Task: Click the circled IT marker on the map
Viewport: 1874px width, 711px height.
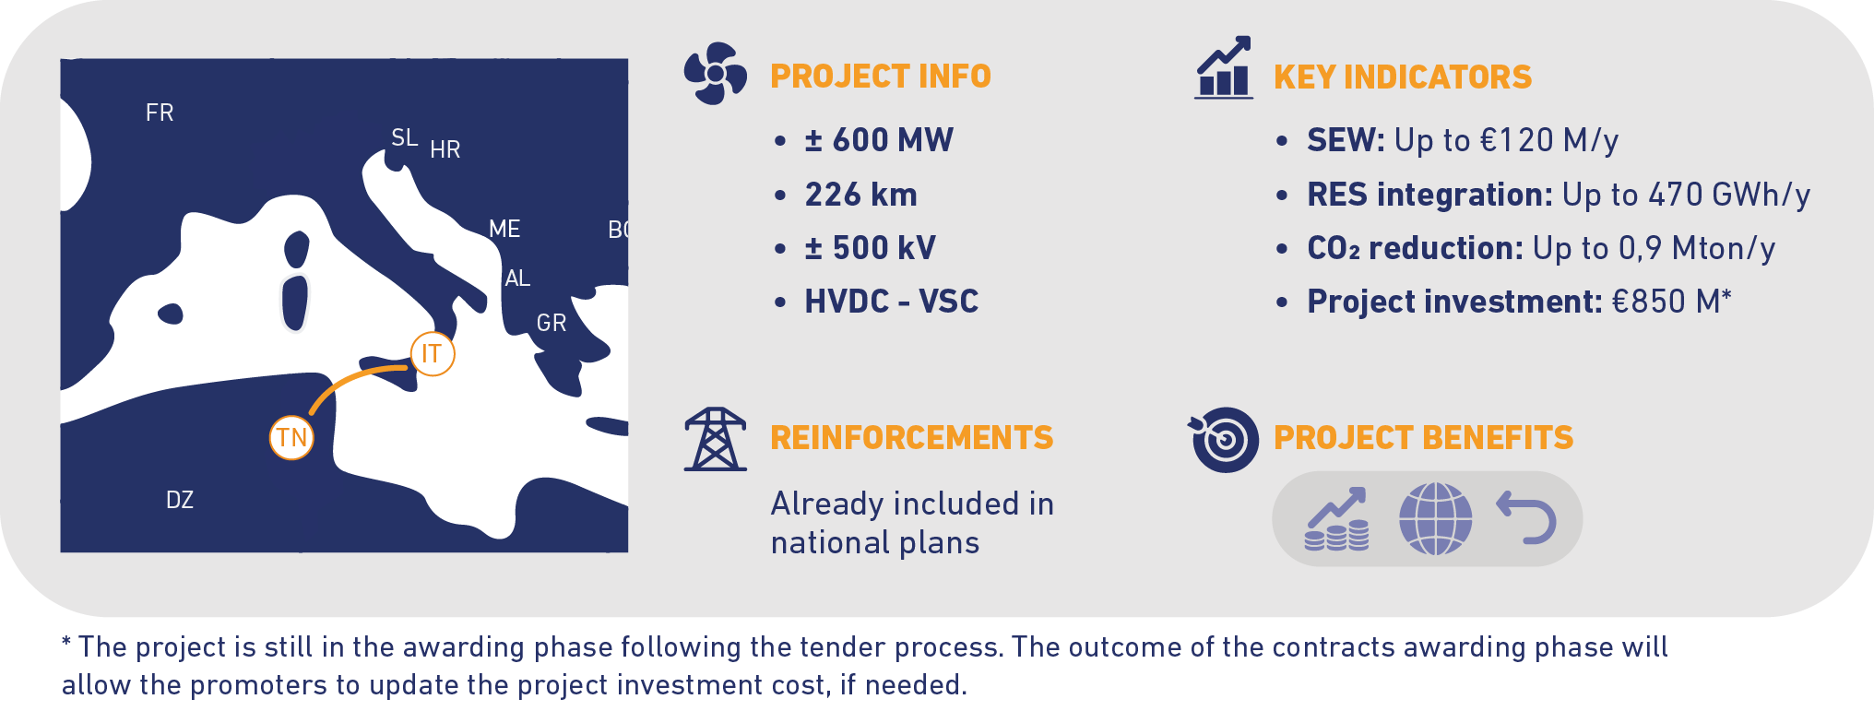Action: [x=433, y=353]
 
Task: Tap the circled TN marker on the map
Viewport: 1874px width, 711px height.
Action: [x=291, y=437]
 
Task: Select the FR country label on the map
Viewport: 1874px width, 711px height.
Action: [x=160, y=113]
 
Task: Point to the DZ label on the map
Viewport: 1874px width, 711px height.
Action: [x=180, y=500]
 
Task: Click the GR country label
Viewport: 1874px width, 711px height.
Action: [x=552, y=323]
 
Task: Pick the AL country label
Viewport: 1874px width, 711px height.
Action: [x=517, y=278]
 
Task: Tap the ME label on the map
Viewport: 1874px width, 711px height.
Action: [x=504, y=229]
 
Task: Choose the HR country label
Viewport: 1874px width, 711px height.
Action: [x=445, y=149]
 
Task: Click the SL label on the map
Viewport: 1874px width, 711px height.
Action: [x=404, y=137]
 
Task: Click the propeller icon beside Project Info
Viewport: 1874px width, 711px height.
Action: [x=715, y=73]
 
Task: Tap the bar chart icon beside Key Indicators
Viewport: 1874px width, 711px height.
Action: [x=1224, y=67]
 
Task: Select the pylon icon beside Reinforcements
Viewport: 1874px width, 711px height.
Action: [x=715, y=439]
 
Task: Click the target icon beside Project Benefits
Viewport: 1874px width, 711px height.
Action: [x=1224, y=439]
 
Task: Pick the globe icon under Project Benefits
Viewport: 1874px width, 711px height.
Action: [x=1435, y=518]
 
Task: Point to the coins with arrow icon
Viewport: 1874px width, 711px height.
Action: [x=1336, y=519]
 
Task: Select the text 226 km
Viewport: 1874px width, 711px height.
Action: [x=861, y=195]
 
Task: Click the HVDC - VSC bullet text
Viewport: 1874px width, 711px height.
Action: [x=892, y=302]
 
